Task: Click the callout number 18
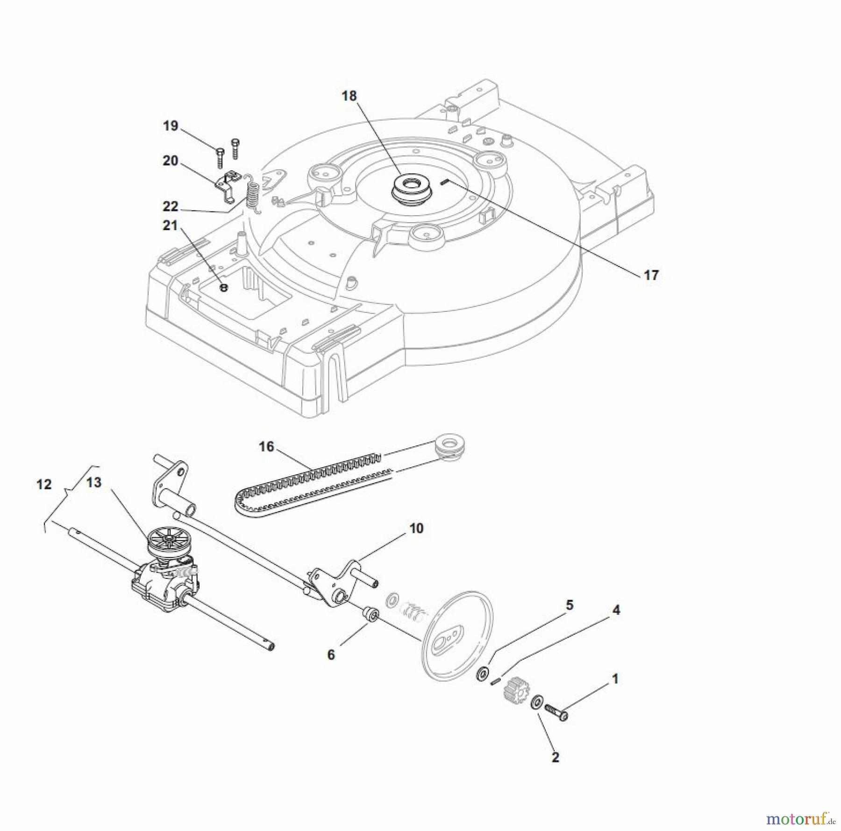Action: pos(349,96)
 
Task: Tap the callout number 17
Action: pos(651,275)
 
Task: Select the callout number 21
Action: pos(170,225)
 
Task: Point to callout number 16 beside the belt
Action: pos(266,447)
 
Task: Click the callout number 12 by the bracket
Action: pos(44,485)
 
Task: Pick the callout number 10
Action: pos(416,528)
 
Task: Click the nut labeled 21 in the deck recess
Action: pos(224,288)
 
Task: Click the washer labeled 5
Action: pos(481,675)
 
